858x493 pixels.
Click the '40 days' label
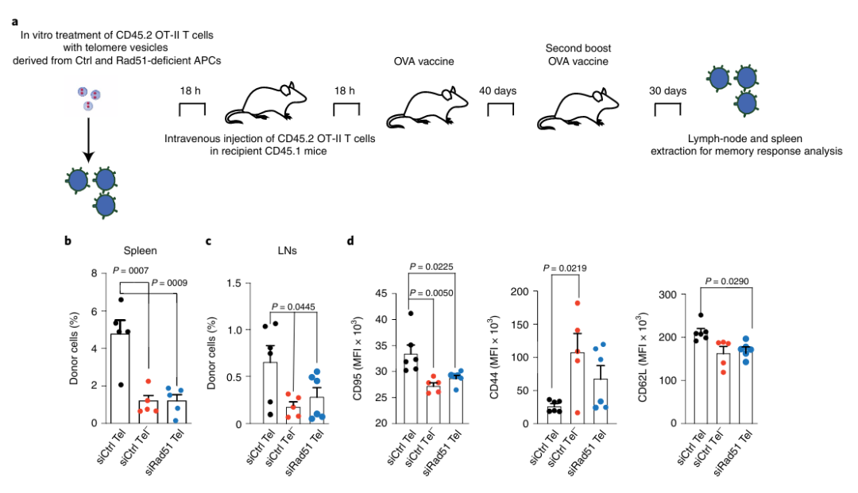coord(497,91)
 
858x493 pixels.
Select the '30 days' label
coord(667,91)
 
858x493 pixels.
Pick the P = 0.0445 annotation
coord(299,306)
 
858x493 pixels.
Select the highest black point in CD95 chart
coord(410,313)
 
